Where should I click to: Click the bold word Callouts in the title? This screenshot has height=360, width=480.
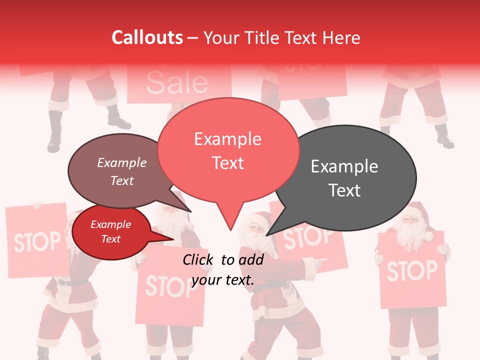click(x=147, y=37)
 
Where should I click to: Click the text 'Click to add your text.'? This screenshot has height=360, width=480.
click(x=223, y=269)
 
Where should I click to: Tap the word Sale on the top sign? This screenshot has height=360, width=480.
click(x=177, y=83)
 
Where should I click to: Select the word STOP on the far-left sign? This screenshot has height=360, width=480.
click(x=37, y=242)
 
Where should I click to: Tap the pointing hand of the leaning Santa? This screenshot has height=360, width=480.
click(x=319, y=260)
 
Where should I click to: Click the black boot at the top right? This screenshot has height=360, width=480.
click(x=444, y=137)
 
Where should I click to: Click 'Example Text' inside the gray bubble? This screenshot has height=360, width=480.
click(x=344, y=178)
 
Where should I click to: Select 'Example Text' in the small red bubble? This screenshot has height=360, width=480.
click(x=110, y=231)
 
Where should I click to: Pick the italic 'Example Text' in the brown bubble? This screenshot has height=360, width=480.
click(x=122, y=171)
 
